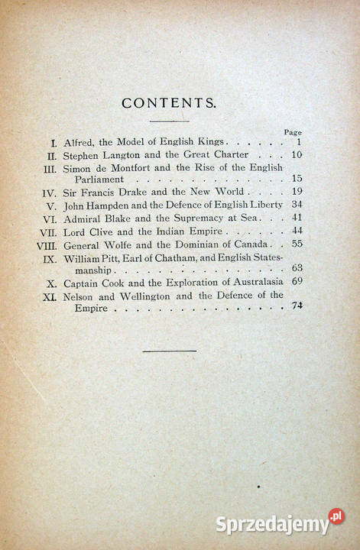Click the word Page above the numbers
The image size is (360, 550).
pyautogui.click(x=293, y=132)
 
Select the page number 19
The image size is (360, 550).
pyautogui.click(x=297, y=192)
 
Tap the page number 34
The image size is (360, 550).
pyautogui.click(x=297, y=205)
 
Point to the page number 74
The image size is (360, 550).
pyautogui.click(x=297, y=306)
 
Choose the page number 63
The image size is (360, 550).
pyautogui.click(x=297, y=268)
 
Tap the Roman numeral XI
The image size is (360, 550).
pyautogui.click(x=50, y=296)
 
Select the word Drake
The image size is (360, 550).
pyautogui.click(x=137, y=192)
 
